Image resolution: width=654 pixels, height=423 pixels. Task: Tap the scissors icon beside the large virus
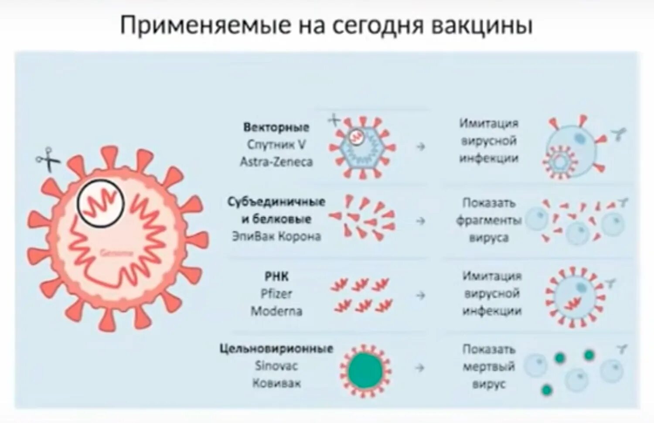(48, 159)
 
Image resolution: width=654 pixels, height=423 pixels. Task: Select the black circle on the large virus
(101, 203)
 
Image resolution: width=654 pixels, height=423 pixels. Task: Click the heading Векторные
(276, 127)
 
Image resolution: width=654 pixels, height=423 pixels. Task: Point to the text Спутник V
(276, 144)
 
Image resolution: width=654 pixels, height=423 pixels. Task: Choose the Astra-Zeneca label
(276, 162)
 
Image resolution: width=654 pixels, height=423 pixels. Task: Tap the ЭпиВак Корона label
(276, 236)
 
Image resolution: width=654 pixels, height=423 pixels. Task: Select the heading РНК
(276, 276)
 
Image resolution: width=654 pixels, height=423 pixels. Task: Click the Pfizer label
(276, 294)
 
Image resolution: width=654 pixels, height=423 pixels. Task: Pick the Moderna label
(276, 311)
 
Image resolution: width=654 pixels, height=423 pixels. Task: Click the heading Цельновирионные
(276, 349)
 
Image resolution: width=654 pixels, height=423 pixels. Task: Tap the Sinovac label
(276, 366)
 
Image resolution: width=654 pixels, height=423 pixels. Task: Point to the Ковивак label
(276, 383)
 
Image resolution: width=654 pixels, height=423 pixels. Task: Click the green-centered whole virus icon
(365, 370)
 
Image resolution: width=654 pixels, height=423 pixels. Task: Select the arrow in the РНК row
(420, 296)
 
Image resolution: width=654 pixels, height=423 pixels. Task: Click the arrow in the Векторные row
(420, 147)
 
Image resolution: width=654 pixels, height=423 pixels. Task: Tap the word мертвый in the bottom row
(489, 367)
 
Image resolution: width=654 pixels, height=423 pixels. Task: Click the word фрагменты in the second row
(489, 221)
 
